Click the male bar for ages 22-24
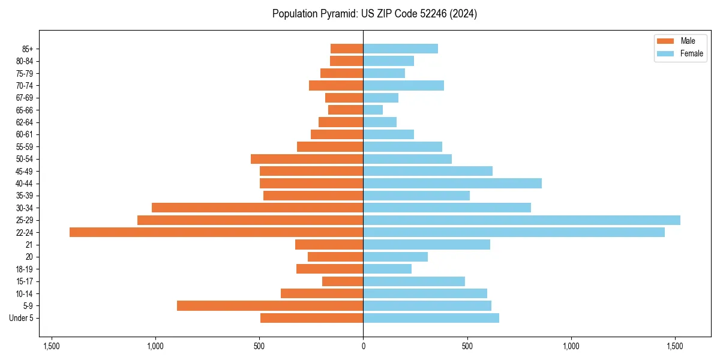tap(216, 232)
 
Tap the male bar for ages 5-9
tap(270, 305)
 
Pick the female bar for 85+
tap(400, 49)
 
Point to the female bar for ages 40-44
tap(452, 183)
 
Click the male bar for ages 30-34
tap(257, 208)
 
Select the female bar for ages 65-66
tap(373, 110)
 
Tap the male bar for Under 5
tap(311, 318)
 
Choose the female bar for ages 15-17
tap(414, 281)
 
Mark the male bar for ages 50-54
tap(307, 159)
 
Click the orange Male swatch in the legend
tap(665, 41)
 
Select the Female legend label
tap(691, 53)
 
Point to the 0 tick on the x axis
tap(363, 346)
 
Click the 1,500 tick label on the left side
tap(51, 346)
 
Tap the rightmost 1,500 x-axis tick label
tap(675, 346)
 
